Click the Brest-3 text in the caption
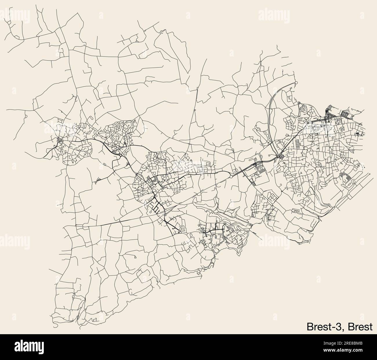[x=325, y=327]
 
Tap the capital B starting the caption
[x=310, y=327]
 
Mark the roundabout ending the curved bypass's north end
[x=296, y=83]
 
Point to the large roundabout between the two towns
[x=120, y=155]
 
